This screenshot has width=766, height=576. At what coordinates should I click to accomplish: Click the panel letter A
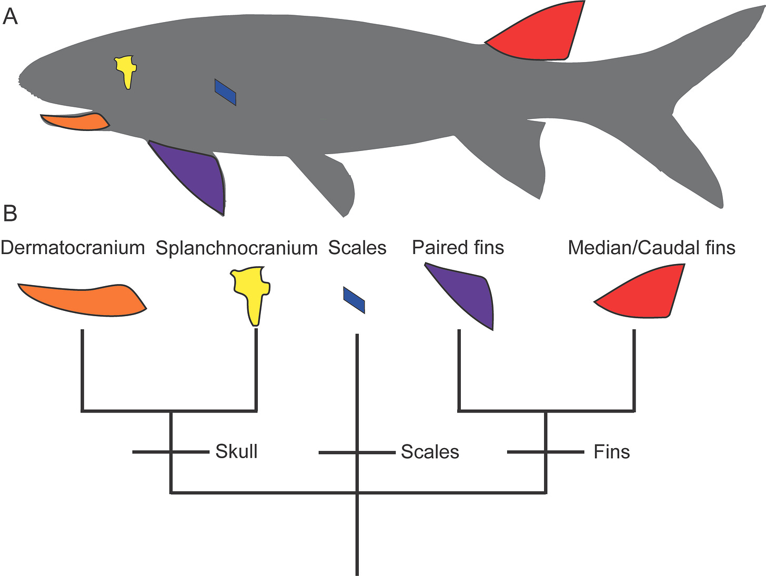[10, 17]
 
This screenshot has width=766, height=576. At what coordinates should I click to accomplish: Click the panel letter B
[10, 214]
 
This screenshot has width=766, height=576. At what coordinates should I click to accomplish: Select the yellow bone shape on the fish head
[126, 70]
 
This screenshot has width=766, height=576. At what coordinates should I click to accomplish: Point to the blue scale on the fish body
[225, 92]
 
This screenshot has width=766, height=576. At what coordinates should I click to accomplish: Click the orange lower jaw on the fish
[76, 122]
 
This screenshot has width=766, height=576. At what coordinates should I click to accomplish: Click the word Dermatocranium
[73, 248]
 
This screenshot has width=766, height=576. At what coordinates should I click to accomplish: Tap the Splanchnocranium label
[237, 248]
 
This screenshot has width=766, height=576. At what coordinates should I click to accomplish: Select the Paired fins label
[458, 248]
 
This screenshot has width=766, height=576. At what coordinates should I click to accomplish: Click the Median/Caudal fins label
[651, 248]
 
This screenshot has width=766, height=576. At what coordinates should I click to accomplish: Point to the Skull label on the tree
[236, 451]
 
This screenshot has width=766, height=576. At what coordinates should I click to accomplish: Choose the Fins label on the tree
[611, 452]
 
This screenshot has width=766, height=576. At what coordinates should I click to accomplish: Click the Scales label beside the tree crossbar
[430, 452]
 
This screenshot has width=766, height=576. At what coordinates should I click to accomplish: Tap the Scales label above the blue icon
[357, 248]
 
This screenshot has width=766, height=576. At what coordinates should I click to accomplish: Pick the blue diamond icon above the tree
[354, 300]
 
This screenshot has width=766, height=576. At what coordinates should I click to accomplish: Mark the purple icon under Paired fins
[468, 295]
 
